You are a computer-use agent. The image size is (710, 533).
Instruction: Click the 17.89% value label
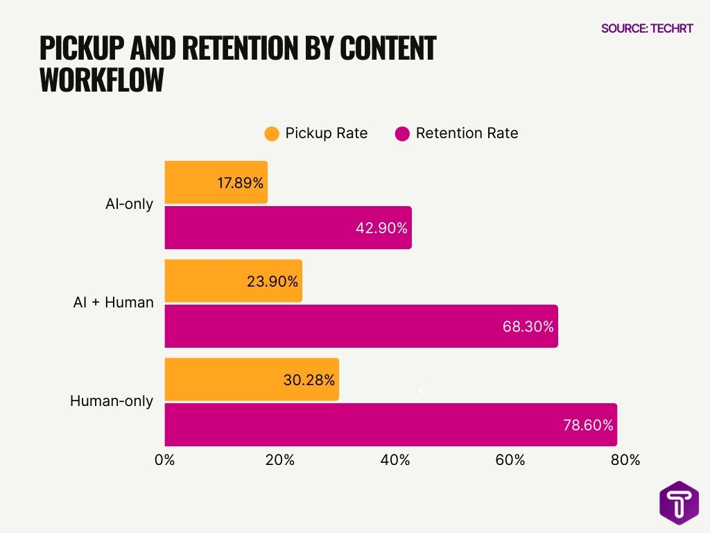pyautogui.click(x=240, y=183)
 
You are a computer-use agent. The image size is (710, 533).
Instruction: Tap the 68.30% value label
pyautogui.click(x=528, y=326)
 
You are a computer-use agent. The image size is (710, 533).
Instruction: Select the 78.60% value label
pyautogui.click(x=588, y=425)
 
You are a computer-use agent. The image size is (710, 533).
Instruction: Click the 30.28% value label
pyautogui.click(x=309, y=380)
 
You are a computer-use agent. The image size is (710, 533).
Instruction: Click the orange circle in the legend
pyautogui.click(x=272, y=134)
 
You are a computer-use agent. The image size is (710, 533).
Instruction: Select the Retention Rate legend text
pyautogui.click(x=467, y=133)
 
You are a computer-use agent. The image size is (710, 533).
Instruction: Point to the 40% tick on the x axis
pyautogui.click(x=395, y=460)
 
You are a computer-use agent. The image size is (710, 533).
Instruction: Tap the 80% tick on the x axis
pyautogui.click(x=625, y=460)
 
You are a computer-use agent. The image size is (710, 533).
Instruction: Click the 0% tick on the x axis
pyautogui.click(x=165, y=460)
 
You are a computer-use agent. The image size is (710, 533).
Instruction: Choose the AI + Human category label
pyautogui.click(x=113, y=303)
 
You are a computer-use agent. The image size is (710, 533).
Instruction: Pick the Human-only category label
pyautogui.click(x=111, y=401)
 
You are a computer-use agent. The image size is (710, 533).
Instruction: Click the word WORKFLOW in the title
pyautogui.click(x=102, y=81)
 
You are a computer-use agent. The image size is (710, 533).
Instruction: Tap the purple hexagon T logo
pyautogui.click(x=679, y=502)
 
